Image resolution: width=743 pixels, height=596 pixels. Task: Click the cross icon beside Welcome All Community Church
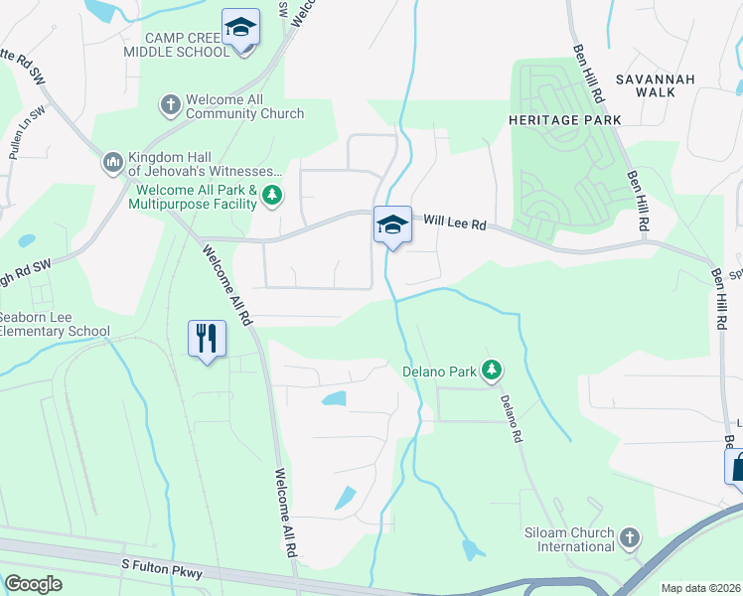coord(171,103)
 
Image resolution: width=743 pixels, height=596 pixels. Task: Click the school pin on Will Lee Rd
coord(392,225)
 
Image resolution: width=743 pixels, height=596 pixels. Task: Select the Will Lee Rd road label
coord(455,225)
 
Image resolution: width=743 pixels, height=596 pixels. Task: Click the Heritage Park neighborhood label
coord(564,120)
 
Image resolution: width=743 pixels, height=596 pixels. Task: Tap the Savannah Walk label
coord(653,85)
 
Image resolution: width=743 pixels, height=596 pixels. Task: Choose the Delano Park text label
coord(439,372)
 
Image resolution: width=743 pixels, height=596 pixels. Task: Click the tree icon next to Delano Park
coord(491,371)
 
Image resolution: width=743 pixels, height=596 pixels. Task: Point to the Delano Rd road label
coord(511,417)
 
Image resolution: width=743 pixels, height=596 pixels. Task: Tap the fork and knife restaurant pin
coord(207,339)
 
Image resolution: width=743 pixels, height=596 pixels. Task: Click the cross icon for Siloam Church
coord(628,537)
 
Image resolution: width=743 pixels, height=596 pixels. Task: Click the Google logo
coord(33,584)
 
